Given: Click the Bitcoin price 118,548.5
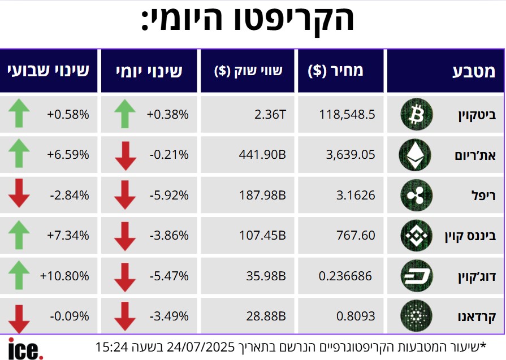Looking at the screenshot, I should tap(347, 115).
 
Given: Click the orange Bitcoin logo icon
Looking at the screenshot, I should tap(416, 115).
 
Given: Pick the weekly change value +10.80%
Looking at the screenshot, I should tap(64, 276).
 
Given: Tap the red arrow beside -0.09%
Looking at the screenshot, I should tap(19, 318).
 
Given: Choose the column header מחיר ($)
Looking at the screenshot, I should tap(336, 71).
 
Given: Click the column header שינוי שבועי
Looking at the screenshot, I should tap(49, 71).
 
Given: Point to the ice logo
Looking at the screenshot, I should tap(25, 348).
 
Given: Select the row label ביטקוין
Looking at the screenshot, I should tap(477, 115).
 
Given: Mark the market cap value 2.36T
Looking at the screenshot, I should tap(270, 115).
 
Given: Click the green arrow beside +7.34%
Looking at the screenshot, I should tap(19, 235).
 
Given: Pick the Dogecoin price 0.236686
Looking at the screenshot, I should tap(345, 276).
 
